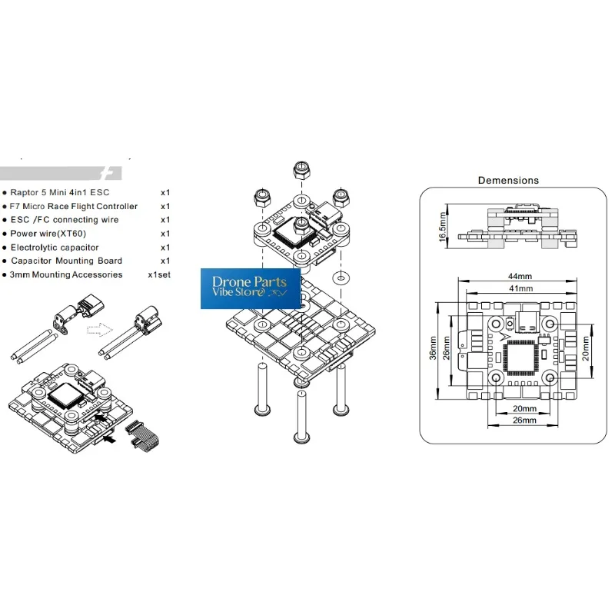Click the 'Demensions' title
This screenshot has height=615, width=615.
508,181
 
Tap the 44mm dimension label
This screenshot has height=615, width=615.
520,276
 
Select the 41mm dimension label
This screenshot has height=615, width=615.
521,289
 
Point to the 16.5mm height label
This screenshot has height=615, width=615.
443,226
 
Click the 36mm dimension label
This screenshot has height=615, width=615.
433,348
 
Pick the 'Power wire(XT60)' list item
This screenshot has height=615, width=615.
48,234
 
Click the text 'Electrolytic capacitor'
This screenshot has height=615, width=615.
55,248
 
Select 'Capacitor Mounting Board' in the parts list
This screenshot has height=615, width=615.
66,261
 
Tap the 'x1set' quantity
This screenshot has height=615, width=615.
159,274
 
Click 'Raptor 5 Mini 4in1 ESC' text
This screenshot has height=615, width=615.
60,193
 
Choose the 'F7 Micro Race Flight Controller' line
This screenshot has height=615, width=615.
74,206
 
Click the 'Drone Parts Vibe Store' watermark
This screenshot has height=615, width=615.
251,288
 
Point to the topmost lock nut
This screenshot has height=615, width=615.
301,169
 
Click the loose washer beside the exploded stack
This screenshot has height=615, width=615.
341,278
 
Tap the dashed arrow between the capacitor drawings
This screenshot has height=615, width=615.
100,330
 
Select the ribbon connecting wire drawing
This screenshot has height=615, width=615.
143,437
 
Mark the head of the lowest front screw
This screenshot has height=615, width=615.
301,437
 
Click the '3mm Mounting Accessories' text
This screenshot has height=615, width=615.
66,274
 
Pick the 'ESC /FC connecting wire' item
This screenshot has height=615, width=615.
65,220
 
